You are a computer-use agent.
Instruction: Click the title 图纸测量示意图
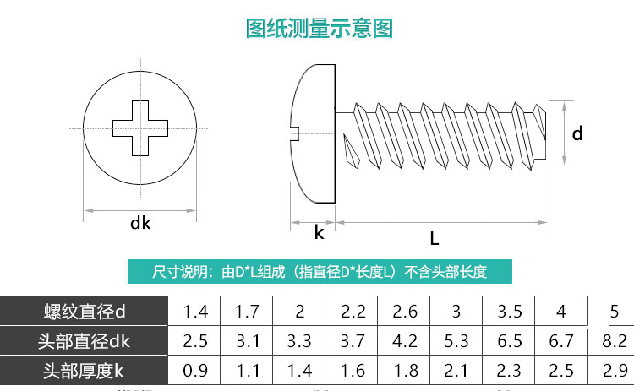coord(319,29)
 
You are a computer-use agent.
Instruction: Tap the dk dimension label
coord(139,223)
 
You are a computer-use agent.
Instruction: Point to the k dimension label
coord(319,232)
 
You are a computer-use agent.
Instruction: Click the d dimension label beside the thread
coord(577,133)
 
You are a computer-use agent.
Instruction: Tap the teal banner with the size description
coord(319,272)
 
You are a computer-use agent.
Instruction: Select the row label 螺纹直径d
coord(84,312)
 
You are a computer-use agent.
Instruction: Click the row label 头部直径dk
coord(84,341)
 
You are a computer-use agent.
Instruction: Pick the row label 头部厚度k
coord(84,370)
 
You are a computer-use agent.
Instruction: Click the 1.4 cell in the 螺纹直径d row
coord(195,312)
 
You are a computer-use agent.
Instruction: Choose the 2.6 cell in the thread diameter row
coord(405,312)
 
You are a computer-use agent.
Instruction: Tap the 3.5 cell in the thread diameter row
coord(510,312)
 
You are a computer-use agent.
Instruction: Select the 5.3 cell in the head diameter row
coord(457,341)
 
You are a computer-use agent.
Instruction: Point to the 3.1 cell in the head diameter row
coord(247,341)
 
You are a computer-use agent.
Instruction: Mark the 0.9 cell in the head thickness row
coord(195,370)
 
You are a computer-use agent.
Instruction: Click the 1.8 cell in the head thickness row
coord(405,370)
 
